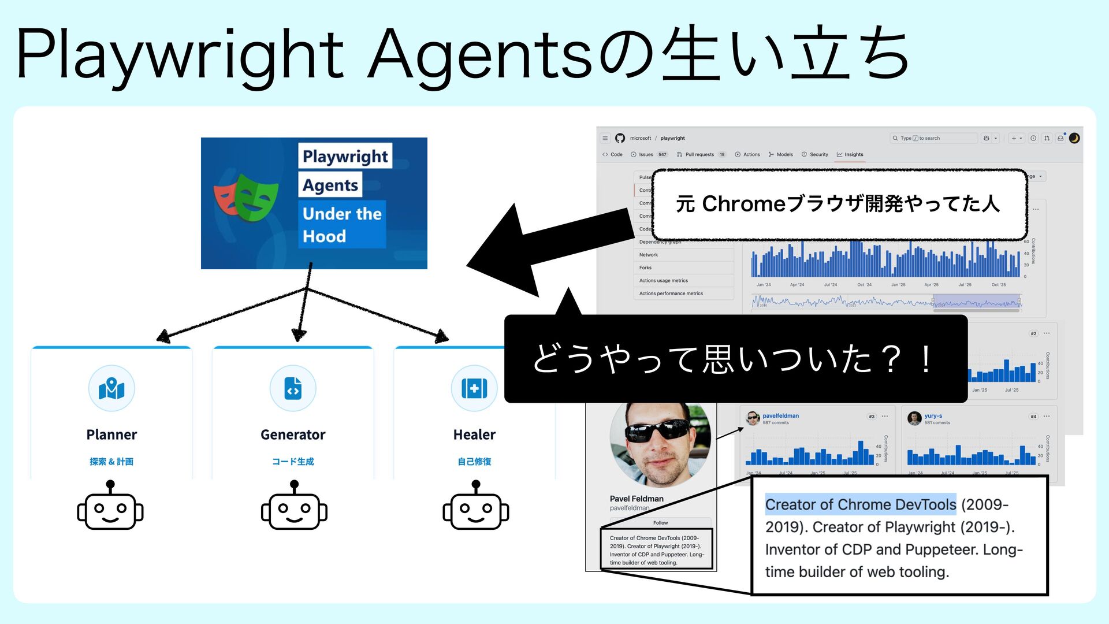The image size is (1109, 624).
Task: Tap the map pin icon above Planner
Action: click(111, 388)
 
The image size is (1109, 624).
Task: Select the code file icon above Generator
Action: click(293, 388)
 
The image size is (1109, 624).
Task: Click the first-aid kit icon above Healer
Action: click(474, 388)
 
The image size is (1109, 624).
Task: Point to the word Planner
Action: click(111, 434)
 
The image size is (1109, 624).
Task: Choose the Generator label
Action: click(293, 434)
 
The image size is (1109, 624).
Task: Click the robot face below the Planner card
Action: click(110, 507)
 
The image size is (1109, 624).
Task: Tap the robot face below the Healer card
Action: click(475, 507)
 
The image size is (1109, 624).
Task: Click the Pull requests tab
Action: click(699, 155)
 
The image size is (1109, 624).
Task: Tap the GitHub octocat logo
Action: click(620, 138)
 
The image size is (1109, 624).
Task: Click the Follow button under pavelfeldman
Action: click(660, 523)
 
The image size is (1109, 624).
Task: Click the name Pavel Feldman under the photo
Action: click(637, 499)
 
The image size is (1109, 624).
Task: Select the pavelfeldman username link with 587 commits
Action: click(780, 416)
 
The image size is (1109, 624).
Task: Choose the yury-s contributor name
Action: click(933, 416)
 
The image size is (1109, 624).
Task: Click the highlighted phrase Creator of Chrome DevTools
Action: click(860, 504)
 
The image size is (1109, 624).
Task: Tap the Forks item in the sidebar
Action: click(645, 268)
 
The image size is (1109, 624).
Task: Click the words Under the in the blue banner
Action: click(342, 214)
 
